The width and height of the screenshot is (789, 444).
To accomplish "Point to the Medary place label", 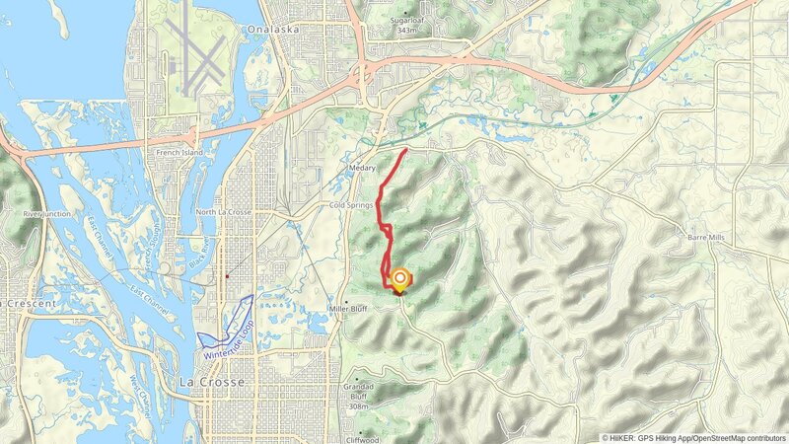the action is pos(362,169).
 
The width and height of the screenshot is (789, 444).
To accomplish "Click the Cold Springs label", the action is pos(351,205).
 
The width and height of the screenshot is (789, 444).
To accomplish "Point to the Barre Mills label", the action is pos(705,238).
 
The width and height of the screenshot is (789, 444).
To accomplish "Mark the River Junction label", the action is pos(46,213).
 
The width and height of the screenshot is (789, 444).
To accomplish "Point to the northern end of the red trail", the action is pos(407,149).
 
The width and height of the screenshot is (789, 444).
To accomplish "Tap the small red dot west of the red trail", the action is pos(228,276).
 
